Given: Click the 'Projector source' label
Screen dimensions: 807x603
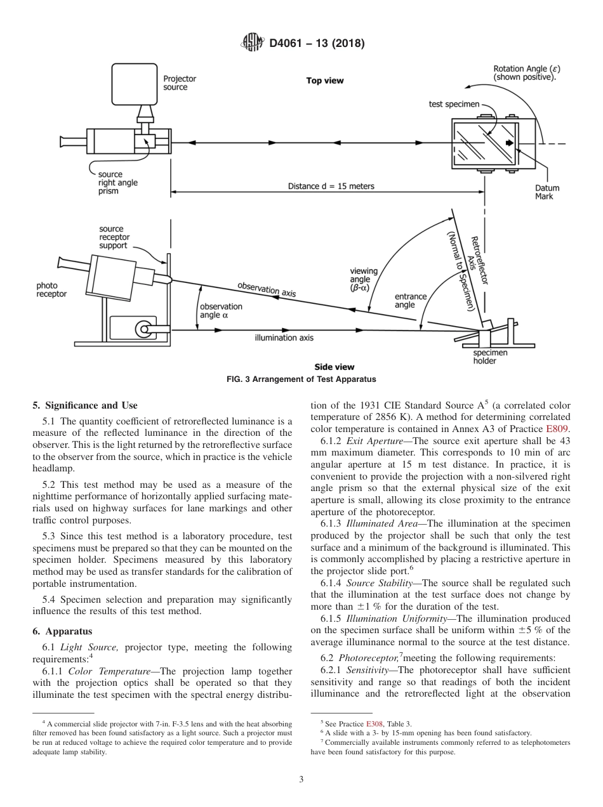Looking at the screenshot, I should [180, 83].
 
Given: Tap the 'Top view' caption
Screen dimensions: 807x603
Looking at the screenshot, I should [325, 81].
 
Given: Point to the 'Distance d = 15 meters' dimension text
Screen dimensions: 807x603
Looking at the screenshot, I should [331, 186].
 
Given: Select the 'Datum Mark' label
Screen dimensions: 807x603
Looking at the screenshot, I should [547, 192].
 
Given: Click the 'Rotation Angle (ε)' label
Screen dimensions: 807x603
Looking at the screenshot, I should [526, 73].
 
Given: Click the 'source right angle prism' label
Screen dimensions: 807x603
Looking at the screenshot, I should [117, 183].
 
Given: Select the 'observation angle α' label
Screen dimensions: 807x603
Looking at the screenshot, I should [221, 311].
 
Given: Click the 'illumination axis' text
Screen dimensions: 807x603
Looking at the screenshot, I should [284, 338].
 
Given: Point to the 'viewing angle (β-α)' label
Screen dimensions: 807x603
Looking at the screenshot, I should [363, 279].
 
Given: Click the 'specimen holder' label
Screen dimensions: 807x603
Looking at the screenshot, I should [490, 357].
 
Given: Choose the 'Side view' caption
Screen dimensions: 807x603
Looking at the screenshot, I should [335, 367].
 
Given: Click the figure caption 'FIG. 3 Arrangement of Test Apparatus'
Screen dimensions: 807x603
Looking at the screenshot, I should [301, 379].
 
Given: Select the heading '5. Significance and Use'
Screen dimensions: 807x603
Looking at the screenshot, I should [84, 405].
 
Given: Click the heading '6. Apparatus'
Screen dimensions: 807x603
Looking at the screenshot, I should [62, 631].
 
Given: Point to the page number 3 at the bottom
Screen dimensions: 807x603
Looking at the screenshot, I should [301, 780].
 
